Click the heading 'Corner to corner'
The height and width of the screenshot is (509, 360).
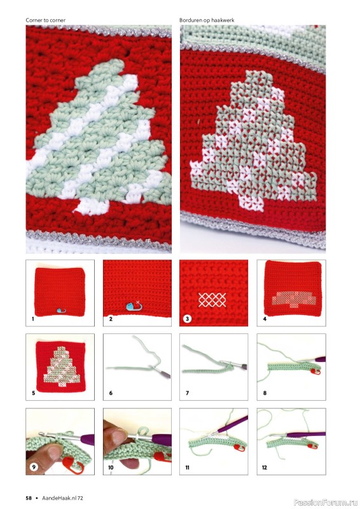[45, 20]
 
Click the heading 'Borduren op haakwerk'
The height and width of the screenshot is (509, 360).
[207, 20]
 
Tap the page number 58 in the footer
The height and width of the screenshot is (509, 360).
[29, 498]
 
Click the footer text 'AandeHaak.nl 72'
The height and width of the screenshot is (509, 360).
[62, 498]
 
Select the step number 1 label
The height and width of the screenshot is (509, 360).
[33, 319]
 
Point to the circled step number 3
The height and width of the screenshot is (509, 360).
[187, 319]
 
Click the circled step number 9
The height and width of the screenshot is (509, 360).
[34, 467]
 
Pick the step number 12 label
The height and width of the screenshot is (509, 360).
[264, 468]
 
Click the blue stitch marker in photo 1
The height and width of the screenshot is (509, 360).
[60, 310]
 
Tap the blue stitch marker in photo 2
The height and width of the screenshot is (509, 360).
[132, 306]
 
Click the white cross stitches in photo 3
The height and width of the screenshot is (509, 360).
[212, 300]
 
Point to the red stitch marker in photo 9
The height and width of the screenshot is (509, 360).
[74, 464]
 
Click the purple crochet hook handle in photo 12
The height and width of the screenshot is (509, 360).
[306, 435]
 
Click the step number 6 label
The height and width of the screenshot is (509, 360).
[111, 393]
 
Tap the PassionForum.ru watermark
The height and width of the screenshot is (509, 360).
[326, 503]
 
